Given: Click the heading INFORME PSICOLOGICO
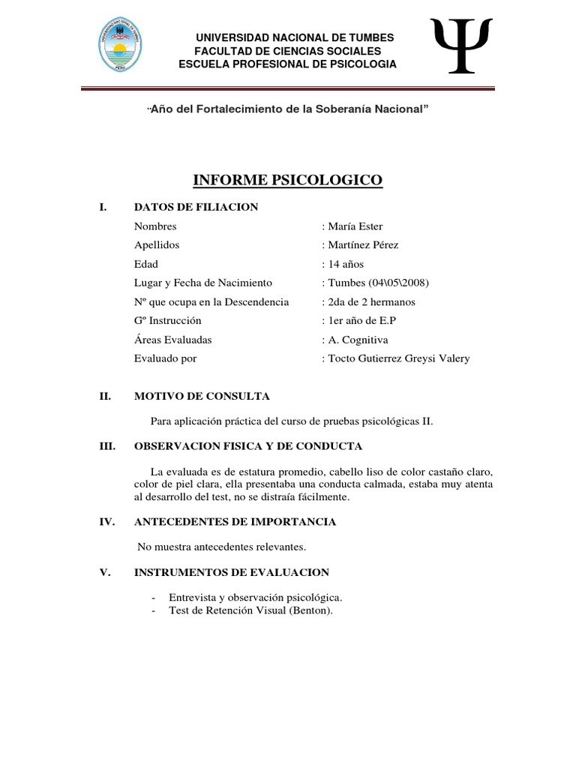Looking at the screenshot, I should [288, 180].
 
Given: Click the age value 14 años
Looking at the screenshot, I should [346, 264].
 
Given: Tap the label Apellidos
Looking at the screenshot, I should [157, 245].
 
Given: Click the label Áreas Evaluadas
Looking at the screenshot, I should [172, 340].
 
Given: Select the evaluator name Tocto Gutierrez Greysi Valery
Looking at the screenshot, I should [398, 358].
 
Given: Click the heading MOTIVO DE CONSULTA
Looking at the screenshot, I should [202, 396].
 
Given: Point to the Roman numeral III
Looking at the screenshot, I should [106, 446].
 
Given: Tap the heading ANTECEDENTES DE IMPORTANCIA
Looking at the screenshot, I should [235, 521].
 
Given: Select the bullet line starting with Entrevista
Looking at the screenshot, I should [256, 597].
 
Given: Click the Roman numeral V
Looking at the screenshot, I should [104, 572].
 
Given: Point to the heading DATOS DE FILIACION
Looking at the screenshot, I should [196, 207].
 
